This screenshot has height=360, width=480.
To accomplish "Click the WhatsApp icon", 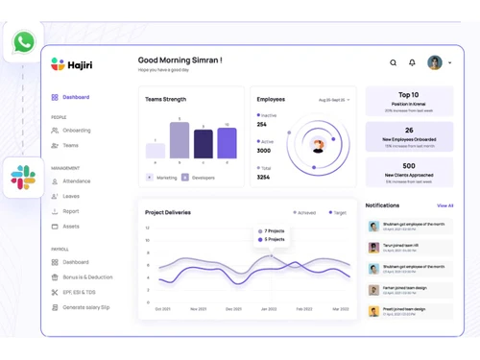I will click(23, 42).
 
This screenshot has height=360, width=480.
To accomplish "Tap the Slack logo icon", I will click(23, 177).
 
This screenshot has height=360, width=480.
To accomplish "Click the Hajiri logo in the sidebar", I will click(71, 64).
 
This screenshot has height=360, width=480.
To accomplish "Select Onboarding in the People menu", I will click(76, 131).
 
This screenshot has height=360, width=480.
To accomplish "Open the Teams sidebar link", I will click(70, 146).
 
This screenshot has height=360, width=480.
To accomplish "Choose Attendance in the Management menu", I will click(76, 180).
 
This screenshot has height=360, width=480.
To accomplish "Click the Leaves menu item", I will click(71, 196).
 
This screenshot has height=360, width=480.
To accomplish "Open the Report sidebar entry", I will click(71, 211).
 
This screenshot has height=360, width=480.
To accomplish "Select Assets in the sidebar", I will click(71, 227).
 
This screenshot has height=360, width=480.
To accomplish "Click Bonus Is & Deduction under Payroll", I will click(87, 277).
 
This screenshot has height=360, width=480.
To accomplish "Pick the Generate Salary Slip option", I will click(85, 307).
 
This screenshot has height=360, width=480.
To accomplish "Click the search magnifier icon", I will click(393, 63).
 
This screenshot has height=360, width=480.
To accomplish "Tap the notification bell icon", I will click(412, 63).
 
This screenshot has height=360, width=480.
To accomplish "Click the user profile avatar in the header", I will click(435, 63).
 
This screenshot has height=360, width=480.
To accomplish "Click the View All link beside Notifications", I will click(444, 205).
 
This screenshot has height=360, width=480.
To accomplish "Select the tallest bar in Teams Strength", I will click(180, 140).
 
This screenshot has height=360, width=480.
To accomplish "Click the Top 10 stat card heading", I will click(409, 95).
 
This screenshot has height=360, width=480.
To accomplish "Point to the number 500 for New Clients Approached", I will click(409, 166).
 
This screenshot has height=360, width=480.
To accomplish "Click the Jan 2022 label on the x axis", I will click(269, 309).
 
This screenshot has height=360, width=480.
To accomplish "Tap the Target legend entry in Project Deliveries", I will click(338, 213).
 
